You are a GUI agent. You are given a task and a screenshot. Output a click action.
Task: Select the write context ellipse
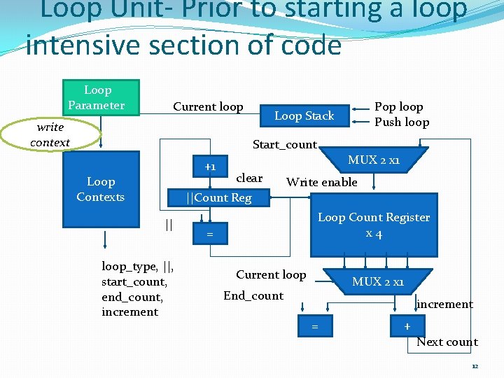point(50,134)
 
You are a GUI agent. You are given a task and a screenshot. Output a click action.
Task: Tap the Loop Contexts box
point(101,190)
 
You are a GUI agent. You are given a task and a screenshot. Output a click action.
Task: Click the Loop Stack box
point(304,115)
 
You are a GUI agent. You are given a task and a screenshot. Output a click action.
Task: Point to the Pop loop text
point(398,106)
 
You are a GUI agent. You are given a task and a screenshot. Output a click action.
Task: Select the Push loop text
point(401,122)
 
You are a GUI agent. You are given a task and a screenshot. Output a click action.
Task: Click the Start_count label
point(284,144)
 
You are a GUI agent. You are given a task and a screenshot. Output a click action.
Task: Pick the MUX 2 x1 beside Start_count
point(374,160)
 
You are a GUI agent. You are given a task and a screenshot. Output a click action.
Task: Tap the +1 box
point(211,167)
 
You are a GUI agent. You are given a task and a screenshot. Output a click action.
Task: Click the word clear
point(249,178)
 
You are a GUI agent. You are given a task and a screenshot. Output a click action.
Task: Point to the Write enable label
point(321,182)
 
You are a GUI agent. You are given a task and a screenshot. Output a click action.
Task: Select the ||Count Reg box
point(218,197)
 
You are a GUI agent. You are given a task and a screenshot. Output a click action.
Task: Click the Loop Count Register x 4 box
point(373,226)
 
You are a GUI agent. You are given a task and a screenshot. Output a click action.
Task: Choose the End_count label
point(253,295)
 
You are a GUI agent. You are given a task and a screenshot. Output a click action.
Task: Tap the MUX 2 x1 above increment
point(377,281)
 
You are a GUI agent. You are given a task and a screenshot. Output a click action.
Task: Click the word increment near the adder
point(444,304)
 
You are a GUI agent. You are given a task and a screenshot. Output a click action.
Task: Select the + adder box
point(407,326)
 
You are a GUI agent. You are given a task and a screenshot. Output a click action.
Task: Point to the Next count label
point(447,342)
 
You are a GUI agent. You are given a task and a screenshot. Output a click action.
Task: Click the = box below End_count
point(315,326)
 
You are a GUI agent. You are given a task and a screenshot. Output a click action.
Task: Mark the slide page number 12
point(475,366)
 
